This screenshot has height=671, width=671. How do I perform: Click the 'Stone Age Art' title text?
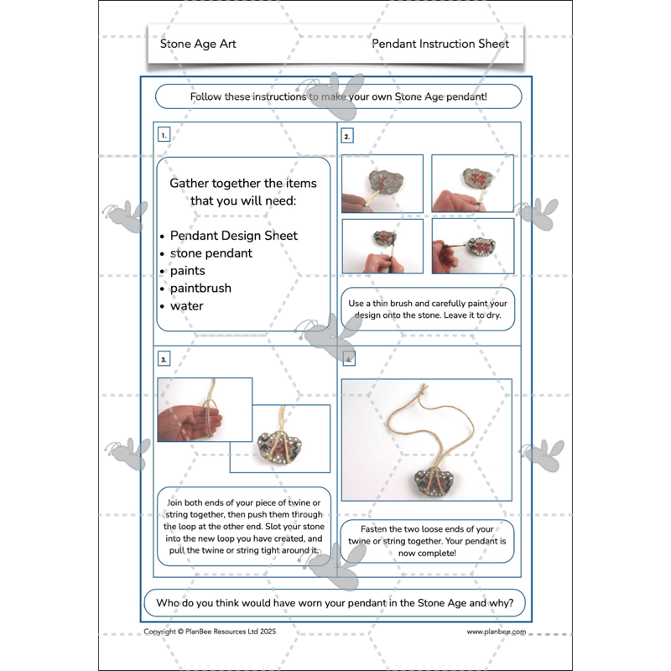198,44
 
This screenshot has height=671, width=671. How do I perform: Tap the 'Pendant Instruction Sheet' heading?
440,44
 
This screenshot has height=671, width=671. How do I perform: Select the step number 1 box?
164,135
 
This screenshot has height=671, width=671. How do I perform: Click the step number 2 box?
347,136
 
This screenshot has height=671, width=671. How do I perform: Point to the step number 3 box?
164,359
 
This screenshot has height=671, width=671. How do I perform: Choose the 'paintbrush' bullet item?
200,289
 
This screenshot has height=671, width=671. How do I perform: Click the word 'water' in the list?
186,306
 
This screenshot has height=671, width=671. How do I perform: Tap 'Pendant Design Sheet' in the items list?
234,236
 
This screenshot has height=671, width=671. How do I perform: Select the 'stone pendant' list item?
211,253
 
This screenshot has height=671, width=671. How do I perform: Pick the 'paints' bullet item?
187,271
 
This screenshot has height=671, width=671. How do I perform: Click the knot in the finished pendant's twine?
423,391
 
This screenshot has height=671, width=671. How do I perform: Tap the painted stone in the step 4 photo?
434,483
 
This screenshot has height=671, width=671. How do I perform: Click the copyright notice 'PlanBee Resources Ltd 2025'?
230,632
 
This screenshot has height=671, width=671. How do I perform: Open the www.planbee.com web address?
496,632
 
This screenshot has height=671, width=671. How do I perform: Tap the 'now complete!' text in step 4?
427,553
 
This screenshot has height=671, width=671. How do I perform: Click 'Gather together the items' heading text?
243,183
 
